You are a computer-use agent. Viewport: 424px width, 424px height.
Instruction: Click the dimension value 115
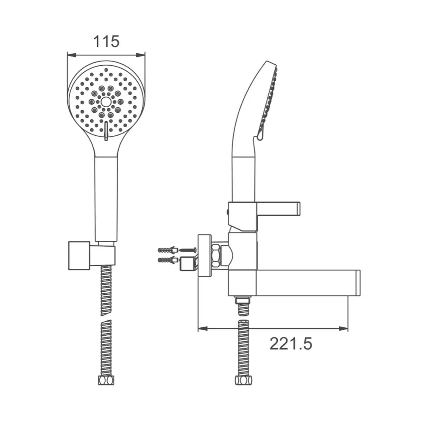pos(106,42)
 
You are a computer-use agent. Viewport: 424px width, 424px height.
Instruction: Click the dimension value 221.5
pos(291,344)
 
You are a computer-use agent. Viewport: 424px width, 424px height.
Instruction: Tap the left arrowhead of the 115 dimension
pos(71,55)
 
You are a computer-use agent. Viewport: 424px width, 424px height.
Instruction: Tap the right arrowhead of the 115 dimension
pos(141,55)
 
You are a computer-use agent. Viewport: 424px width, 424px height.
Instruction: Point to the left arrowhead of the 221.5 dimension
pos(203,329)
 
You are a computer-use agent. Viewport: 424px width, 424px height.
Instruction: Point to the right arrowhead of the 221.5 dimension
pos(343,329)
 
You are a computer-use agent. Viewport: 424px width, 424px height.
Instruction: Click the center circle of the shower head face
pos(106,102)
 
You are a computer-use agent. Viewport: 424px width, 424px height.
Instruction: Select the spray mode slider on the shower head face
pos(106,131)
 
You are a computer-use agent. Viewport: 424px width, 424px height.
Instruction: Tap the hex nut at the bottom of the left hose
pos(106,380)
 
